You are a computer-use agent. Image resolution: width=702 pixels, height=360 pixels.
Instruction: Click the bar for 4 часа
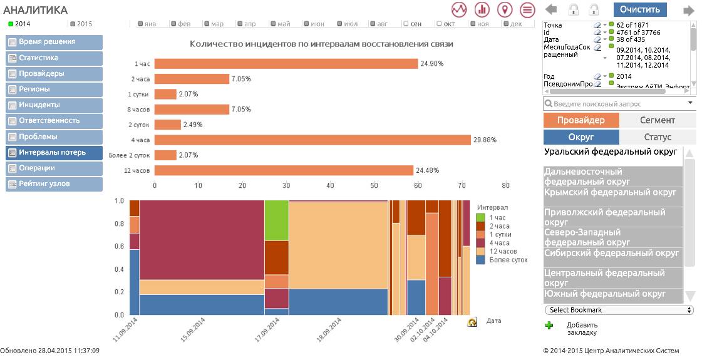click(312, 140)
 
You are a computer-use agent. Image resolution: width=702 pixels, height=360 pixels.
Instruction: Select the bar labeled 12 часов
click(284, 170)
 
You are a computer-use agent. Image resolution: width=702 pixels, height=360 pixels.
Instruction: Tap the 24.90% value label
click(432, 64)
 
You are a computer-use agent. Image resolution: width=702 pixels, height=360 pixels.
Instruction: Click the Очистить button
click(640, 9)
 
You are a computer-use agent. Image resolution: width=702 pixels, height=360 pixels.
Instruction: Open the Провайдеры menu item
click(54, 74)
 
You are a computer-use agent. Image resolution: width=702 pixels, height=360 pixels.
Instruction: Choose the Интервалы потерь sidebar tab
click(54, 152)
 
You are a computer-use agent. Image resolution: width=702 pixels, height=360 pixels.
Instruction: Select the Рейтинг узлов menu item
click(54, 184)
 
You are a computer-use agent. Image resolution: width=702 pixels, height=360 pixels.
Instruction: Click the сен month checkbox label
click(413, 24)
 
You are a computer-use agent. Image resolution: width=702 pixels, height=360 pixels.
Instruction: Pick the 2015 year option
click(84, 24)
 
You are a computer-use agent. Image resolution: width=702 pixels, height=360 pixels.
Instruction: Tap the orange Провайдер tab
click(581, 120)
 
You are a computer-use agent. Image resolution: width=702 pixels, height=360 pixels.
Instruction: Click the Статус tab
click(657, 137)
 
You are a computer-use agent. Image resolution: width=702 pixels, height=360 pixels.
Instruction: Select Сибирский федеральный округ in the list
click(611, 254)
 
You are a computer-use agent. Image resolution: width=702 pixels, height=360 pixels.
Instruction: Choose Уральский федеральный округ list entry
click(611, 152)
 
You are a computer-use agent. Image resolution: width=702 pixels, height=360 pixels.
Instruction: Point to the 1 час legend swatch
click(481, 217)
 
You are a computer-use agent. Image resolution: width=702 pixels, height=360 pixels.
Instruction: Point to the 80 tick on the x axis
click(505, 186)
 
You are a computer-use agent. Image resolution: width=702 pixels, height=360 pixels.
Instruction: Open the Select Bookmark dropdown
click(619, 310)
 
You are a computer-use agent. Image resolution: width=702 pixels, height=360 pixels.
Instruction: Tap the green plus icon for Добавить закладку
click(549, 325)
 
